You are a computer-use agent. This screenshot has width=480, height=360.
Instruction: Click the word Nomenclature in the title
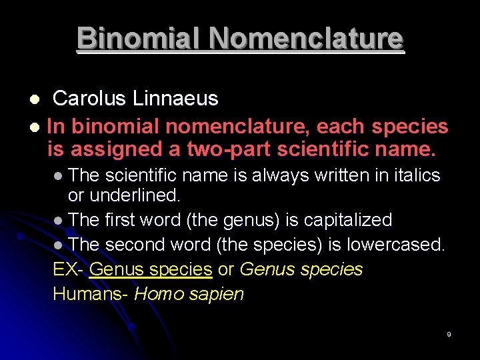click(x=306, y=38)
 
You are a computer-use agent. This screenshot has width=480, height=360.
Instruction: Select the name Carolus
click(x=89, y=99)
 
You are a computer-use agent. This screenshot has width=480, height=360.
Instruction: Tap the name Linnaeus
click(x=175, y=99)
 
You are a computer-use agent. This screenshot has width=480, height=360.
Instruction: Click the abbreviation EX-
click(x=68, y=269)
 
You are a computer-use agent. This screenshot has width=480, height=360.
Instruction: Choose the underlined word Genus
click(x=117, y=269)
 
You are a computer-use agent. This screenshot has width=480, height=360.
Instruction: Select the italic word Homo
click(x=157, y=294)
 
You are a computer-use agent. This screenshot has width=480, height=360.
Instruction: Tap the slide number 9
click(x=449, y=334)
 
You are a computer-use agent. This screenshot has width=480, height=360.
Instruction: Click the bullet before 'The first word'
click(x=59, y=221)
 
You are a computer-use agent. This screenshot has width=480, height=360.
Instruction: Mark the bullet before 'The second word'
click(x=59, y=245)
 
